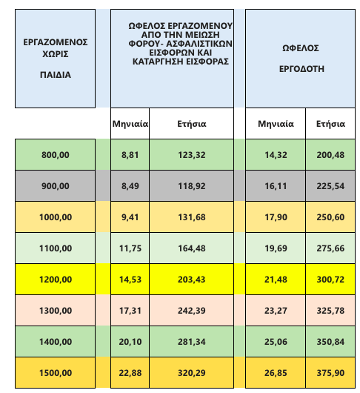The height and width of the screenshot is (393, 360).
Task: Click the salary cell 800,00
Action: (x=56, y=155)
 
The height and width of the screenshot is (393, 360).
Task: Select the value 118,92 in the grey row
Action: (x=192, y=186)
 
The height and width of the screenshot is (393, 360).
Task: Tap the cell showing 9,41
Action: (x=130, y=217)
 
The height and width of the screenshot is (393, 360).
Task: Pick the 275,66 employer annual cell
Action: (x=330, y=248)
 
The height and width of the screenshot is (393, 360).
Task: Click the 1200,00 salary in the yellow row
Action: (x=56, y=280)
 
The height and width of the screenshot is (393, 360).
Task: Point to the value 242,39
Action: (x=192, y=311)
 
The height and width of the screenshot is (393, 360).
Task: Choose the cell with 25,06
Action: (x=276, y=342)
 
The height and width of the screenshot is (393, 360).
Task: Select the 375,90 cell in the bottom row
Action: (x=330, y=373)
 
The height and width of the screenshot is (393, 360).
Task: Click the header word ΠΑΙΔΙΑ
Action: (x=56, y=75)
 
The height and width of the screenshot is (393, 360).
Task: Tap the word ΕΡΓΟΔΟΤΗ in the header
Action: (x=301, y=69)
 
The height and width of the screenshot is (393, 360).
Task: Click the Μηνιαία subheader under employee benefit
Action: (x=130, y=124)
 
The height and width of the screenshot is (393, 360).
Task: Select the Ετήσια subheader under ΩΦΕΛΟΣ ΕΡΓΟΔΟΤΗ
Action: (x=330, y=124)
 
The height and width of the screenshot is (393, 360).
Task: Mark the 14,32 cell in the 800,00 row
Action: (x=276, y=155)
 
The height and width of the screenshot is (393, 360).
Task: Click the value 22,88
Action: (x=130, y=373)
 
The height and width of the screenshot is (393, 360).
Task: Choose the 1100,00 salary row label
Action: (x=56, y=248)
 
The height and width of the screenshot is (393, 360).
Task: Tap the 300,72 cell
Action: (x=330, y=280)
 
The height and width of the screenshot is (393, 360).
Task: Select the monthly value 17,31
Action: (x=130, y=311)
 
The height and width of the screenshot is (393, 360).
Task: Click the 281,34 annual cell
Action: (x=192, y=342)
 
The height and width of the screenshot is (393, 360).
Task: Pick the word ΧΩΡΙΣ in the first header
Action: (x=56, y=54)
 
